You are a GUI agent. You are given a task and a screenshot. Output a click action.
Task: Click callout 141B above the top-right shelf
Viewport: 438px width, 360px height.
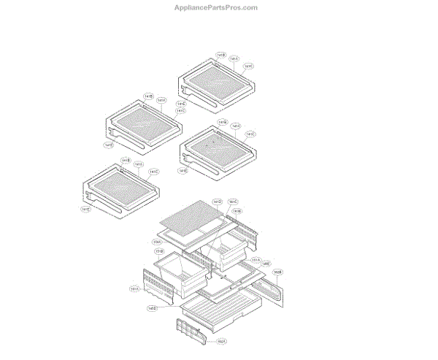(221, 55)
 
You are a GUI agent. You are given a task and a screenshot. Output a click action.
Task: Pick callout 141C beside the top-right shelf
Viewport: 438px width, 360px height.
(248, 66)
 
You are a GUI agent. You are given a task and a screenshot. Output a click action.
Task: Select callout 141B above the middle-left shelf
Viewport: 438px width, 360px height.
(148, 96)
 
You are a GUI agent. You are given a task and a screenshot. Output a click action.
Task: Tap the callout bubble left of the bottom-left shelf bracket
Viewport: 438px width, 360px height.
(86, 209)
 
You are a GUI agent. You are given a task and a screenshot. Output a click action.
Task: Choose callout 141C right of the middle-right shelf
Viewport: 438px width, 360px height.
(250, 134)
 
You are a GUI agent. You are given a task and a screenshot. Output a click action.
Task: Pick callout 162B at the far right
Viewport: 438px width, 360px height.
(277, 272)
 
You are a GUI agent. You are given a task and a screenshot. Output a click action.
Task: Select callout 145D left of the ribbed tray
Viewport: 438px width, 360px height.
(153, 308)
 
